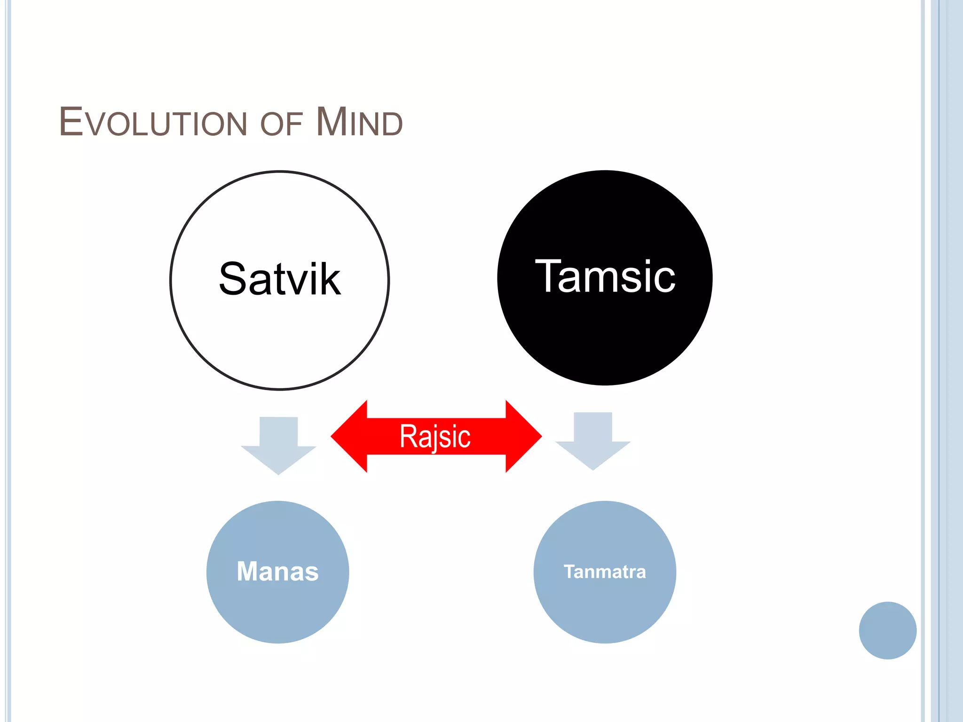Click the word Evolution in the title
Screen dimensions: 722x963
[x=153, y=122]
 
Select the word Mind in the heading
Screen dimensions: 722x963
[x=359, y=122]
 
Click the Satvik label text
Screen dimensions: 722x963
[x=280, y=279]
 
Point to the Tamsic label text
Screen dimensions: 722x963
[x=605, y=277]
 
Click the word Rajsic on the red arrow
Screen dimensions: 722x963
[x=435, y=436]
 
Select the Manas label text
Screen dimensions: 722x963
[x=277, y=572]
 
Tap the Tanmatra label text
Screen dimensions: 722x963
[x=605, y=572]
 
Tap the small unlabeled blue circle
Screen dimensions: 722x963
[x=887, y=630]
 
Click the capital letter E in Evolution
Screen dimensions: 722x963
[x=71, y=122]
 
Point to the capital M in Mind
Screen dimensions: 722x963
[x=331, y=122]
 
